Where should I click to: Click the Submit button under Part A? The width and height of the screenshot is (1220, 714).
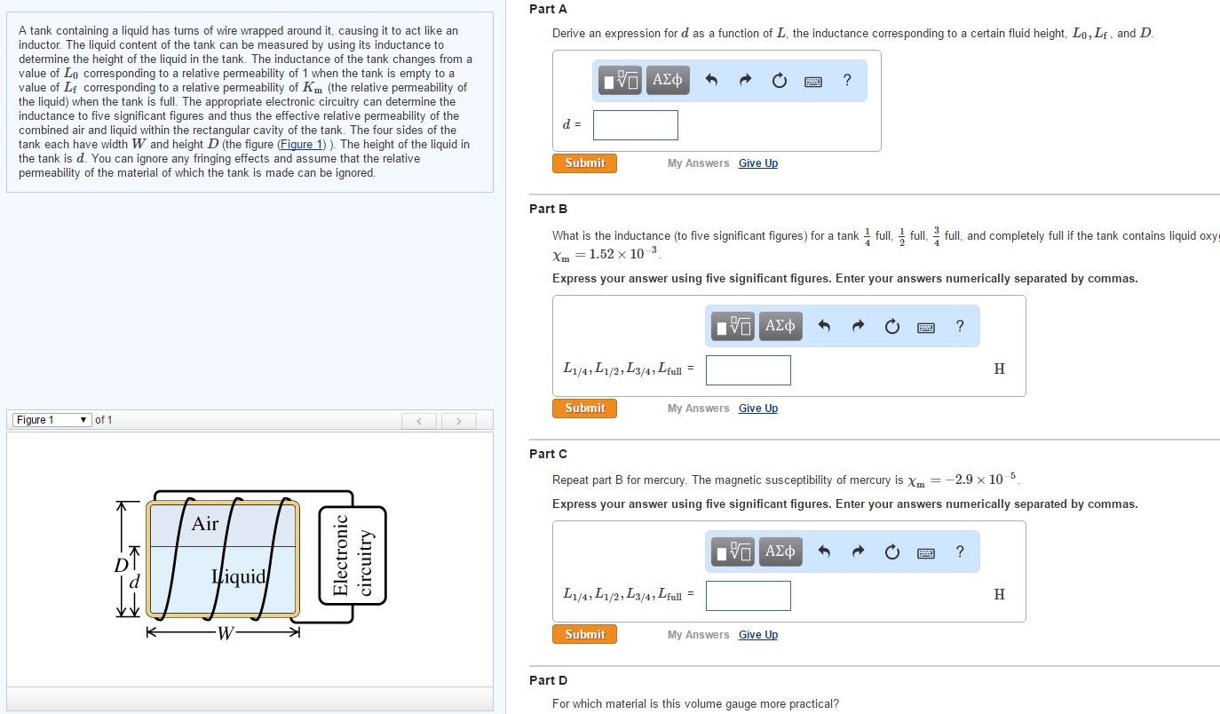tap(584, 163)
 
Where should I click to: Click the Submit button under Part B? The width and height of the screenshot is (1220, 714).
tap(584, 408)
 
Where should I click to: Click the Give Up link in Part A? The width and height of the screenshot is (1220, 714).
tap(758, 163)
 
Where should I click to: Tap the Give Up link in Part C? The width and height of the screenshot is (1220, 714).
tap(758, 634)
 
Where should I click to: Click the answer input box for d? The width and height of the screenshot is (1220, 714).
tap(636, 124)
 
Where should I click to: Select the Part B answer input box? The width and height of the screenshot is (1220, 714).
tap(749, 370)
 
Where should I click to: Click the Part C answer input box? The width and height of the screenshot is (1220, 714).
tap(749, 596)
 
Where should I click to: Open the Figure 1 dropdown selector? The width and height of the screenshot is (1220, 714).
tap(51, 420)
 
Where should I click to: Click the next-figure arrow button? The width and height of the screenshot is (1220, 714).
tap(458, 421)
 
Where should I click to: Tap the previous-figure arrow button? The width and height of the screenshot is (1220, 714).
tap(419, 421)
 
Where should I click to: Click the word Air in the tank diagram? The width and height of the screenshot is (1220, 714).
tap(205, 523)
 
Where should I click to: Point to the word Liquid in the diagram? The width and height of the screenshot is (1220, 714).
tap(239, 576)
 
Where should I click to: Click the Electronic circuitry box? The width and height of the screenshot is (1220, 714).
tap(353, 555)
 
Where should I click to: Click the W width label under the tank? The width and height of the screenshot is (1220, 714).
tap(226, 633)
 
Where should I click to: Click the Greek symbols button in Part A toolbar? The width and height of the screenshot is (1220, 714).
tap(668, 80)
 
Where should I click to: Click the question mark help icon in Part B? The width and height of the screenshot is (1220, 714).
tap(960, 326)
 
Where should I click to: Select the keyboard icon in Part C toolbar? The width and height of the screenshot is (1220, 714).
tap(926, 552)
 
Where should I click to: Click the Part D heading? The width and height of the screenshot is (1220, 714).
tap(548, 680)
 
